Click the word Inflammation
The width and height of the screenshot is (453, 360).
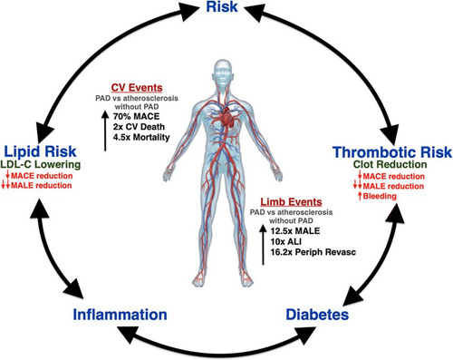(x=120, y=315)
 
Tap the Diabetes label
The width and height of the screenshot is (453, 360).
(x=317, y=315)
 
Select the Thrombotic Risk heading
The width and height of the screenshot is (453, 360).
(x=392, y=152)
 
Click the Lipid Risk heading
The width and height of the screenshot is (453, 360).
(x=40, y=151)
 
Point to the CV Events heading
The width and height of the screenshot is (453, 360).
(x=137, y=88)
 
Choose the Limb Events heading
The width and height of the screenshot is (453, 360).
(x=291, y=201)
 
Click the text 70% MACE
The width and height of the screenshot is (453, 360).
(x=136, y=116)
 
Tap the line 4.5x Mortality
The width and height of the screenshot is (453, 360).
(x=141, y=137)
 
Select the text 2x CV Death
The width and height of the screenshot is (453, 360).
(x=139, y=127)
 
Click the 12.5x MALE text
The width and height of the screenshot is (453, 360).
(x=295, y=231)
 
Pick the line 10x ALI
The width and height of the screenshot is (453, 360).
(x=285, y=241)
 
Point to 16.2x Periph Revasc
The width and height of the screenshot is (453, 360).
(x=313, y=252)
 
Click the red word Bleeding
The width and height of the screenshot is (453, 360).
(x=380, y=196)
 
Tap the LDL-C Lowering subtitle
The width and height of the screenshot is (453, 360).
(x=41, y=164)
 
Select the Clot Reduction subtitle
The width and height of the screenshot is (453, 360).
(x=390, y=164)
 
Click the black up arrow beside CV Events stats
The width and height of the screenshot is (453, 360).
(x=105, y=131)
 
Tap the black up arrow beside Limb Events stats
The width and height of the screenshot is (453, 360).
(x=263, y=245)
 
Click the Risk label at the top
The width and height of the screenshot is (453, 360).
(x=222, y=6)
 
